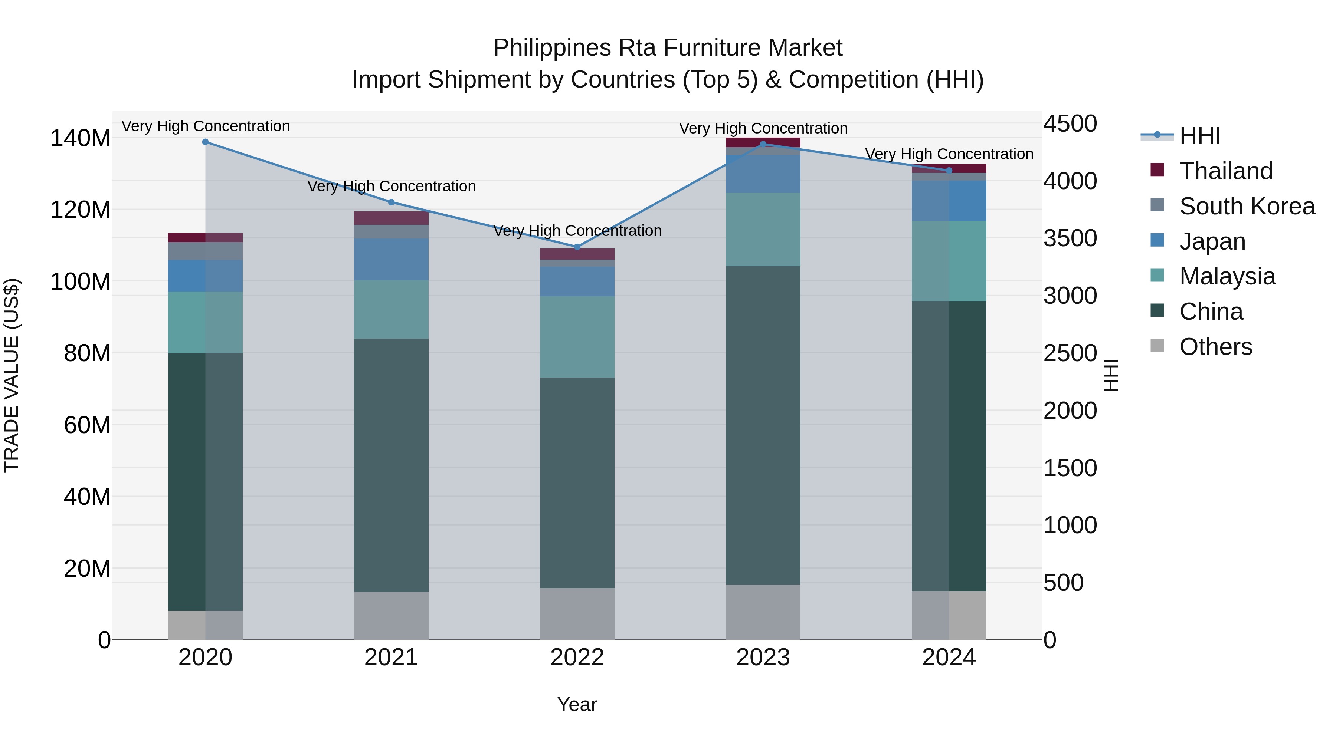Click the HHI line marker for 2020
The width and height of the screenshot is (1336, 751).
pos(205,142)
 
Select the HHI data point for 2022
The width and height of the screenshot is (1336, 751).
pos(577,247)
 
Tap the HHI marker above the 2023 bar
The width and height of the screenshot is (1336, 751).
pos(763,145)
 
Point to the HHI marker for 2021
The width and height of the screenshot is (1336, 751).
pos(392,202)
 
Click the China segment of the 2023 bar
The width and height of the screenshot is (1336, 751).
pos(763,425)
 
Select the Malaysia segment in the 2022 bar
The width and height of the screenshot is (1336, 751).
pos(577,337)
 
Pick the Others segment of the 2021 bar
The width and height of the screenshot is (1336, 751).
pos(392,616)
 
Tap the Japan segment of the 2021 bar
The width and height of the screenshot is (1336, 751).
pos(392,259)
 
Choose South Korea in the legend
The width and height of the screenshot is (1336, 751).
pos(1247,206)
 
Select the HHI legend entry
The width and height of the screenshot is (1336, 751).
pos(1199,136)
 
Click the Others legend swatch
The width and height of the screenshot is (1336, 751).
pos(1157,346)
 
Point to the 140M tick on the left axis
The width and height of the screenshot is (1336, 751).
pos(81,138)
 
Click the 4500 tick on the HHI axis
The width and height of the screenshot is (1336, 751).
pos(1070,124)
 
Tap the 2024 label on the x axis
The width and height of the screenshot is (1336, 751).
pos(949,658)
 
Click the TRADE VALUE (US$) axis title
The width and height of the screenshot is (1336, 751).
pos(12,375)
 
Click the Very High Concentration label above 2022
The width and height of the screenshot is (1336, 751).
pos(577,231)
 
